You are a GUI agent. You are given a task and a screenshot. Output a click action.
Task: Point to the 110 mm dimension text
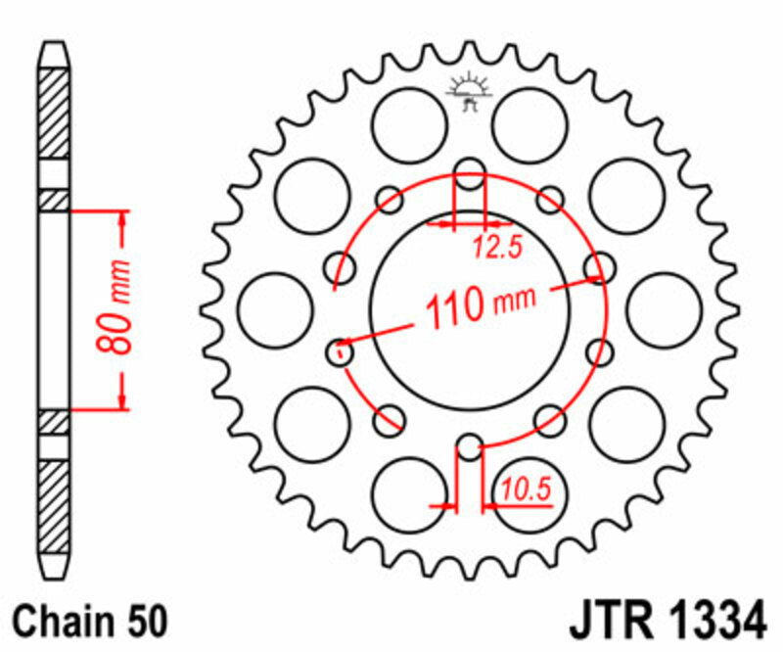(x=470, y=305)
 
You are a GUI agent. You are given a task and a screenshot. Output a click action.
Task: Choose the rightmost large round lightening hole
(x=665, y=308)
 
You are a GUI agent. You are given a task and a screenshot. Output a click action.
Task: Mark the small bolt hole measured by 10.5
(x=470, y=448)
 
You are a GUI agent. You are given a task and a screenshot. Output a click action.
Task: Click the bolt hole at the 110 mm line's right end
(x=598, y=268)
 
